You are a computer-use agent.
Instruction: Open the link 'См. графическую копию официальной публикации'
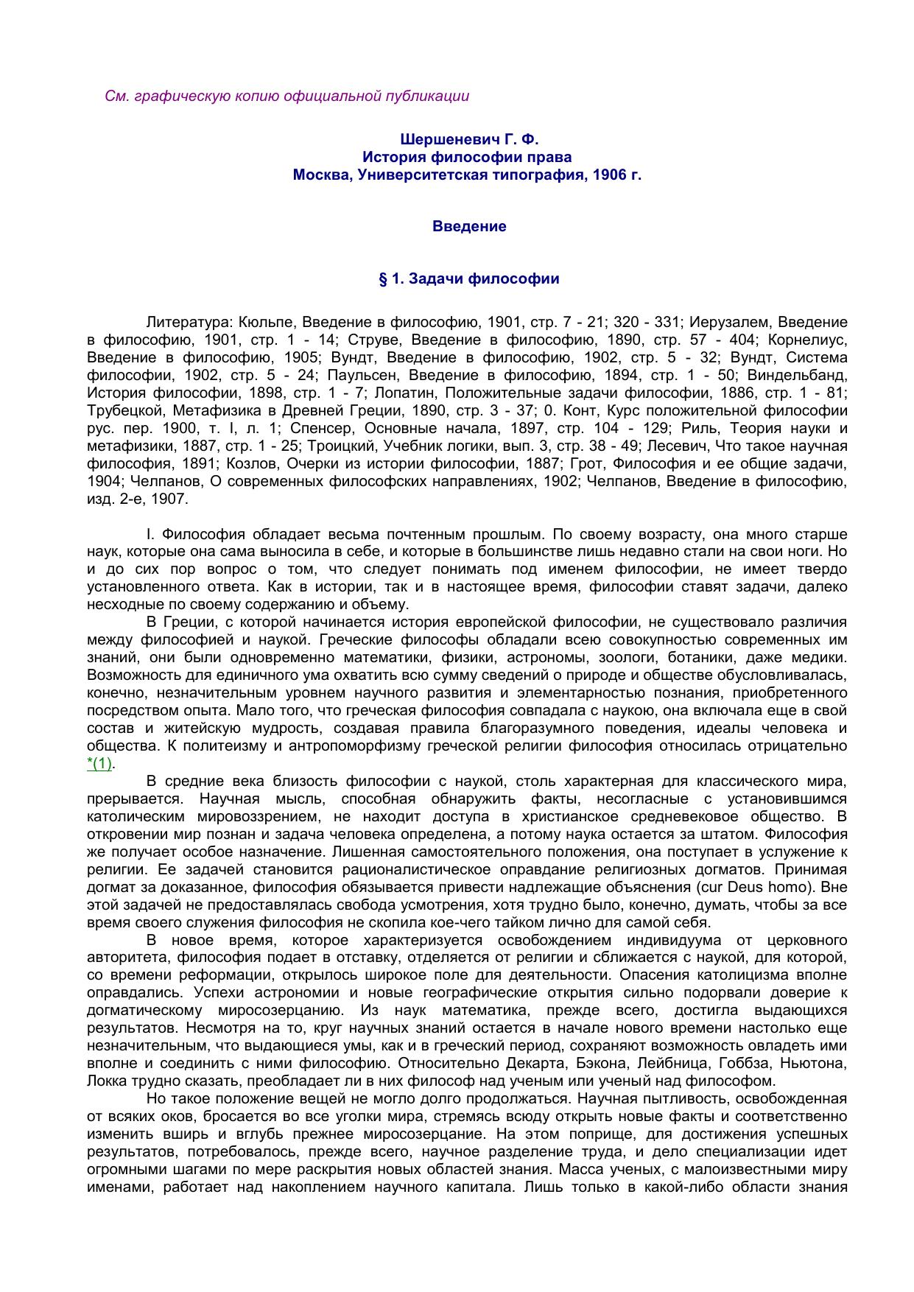pyautogui.click(x=286, y=96)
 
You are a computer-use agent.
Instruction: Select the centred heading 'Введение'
pyautogui.click(x=469, y=226)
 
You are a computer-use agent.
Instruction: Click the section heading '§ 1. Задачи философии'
pyautogui.click(x=469, y=279)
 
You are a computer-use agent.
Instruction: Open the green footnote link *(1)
pyautogui.click(x=99, y=764)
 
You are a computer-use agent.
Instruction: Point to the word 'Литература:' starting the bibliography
pyautogui.click(x=189, y=322)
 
